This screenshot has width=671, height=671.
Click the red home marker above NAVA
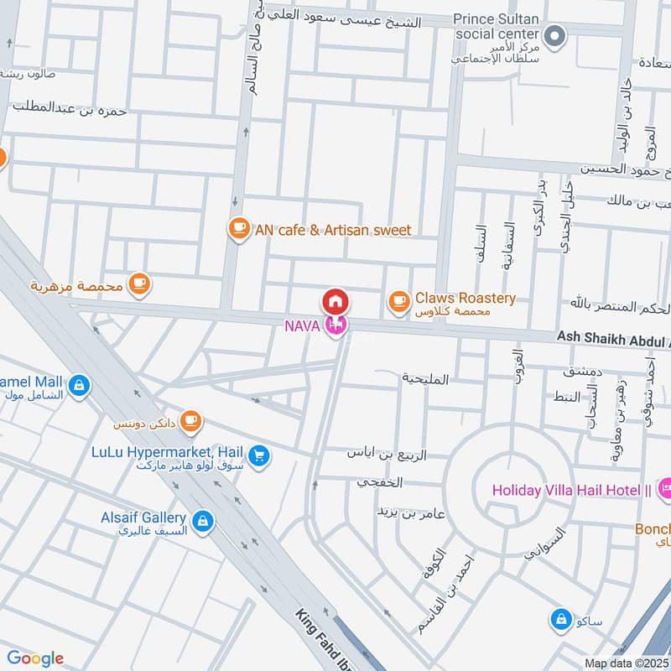click(335, 301)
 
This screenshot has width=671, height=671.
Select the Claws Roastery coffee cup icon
click(398, 299)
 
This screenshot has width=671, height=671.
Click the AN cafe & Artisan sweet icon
click(239, 229)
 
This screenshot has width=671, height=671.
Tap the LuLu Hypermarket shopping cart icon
click(259, 455)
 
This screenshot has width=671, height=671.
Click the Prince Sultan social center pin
click(554, 36)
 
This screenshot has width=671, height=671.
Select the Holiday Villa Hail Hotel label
click(572, 490)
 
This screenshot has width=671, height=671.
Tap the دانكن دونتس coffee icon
click(191, 419)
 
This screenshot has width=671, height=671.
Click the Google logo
click(35, 658)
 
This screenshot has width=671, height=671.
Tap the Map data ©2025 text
click(627, 663)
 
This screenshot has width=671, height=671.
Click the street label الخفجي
click(380, 482)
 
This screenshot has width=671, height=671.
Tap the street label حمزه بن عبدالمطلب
click(69, 109)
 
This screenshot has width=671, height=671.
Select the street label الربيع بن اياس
click(387, 454)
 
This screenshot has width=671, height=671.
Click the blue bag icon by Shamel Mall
click(78, 385)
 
